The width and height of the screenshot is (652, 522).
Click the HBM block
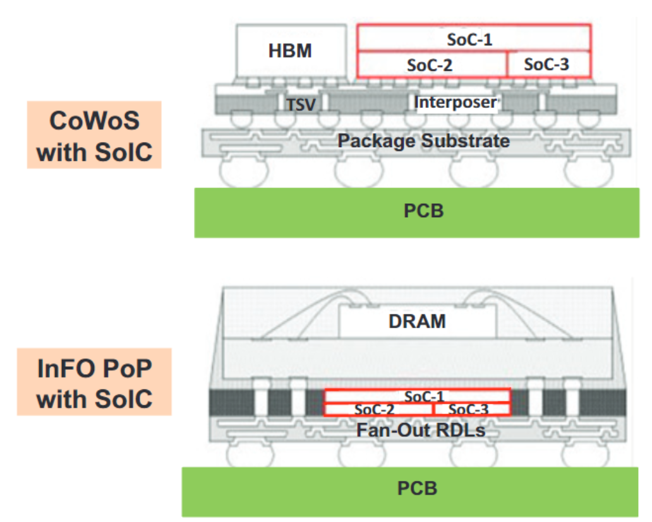(291, 50)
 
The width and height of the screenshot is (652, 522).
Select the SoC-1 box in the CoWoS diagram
(474, 39)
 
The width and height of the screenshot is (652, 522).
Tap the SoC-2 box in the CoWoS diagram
(432, 64)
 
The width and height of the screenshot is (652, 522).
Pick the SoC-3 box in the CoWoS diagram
(548, 64)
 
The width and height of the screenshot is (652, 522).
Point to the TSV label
(301, 105)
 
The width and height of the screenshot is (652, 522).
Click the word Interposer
(456, 102)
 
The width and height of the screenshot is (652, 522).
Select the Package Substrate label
(423, 141)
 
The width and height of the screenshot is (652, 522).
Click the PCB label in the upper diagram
(424, 211)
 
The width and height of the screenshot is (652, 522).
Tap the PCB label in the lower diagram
(417, 489)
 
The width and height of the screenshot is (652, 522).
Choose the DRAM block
(417, 321)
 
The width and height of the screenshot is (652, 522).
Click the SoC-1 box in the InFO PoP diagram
(417, 396)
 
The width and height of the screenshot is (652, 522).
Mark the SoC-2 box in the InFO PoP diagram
(378, 409)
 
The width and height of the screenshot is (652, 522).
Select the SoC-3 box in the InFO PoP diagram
(471, 409)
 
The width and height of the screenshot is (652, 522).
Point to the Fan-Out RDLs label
(421, 430)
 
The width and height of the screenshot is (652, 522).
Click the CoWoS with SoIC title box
(94, 134)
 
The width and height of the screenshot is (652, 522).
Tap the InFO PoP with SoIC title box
(94, 382)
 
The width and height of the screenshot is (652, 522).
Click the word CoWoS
(94, 121)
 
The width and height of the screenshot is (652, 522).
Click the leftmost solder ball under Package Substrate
(244, 171)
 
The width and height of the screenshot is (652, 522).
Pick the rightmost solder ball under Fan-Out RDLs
(585, 454)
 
